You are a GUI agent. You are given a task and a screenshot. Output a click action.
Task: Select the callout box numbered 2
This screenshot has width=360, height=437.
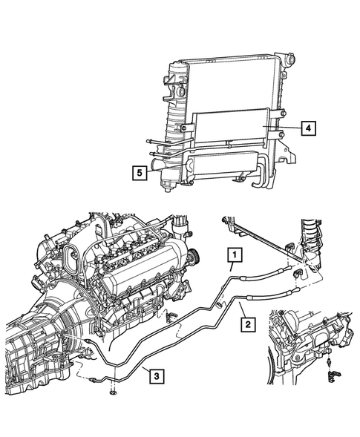pyautogui.click(x=246, y=324)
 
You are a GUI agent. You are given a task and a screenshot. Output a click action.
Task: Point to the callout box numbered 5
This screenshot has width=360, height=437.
pyautogui.click(x=138, y=173)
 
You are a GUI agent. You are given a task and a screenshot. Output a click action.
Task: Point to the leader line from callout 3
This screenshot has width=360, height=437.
pyautogui.click(x=134, y=371)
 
